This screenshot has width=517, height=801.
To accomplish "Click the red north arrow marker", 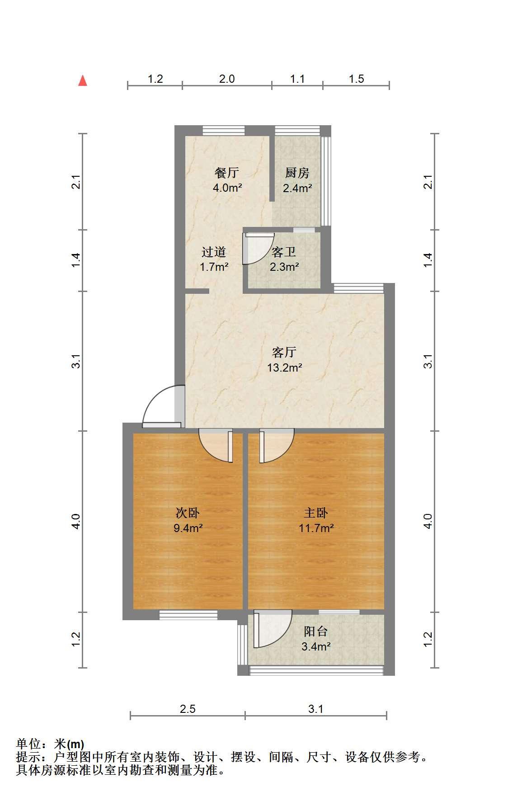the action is point(82,80).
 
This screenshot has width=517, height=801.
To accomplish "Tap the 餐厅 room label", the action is point(227,173).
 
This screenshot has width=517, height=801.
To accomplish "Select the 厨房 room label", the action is point(297,173).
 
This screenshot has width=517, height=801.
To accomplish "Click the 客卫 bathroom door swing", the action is point(258,248).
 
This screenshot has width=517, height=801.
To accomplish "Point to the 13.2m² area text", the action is point(284,368).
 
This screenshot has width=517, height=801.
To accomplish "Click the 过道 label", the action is point(214,252).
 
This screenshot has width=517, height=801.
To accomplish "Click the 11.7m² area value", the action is point(316,528).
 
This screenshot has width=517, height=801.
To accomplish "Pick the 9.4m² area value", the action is point(188,528).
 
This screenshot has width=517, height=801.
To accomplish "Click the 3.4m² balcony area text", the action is point(316,646).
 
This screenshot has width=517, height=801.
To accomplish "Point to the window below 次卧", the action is point(188,615).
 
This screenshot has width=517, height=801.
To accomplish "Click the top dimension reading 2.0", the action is point(227,79).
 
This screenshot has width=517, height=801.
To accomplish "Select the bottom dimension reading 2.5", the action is point(188,709).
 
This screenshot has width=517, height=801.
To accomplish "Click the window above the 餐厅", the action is point(224,130).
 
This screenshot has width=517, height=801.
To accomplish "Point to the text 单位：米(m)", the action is point(50,744).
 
